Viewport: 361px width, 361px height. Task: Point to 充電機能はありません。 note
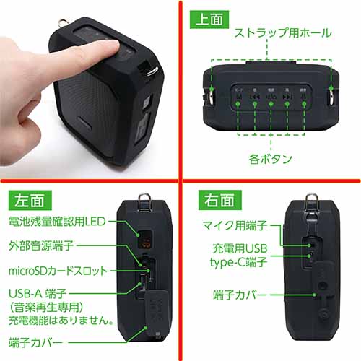click(54, 318)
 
